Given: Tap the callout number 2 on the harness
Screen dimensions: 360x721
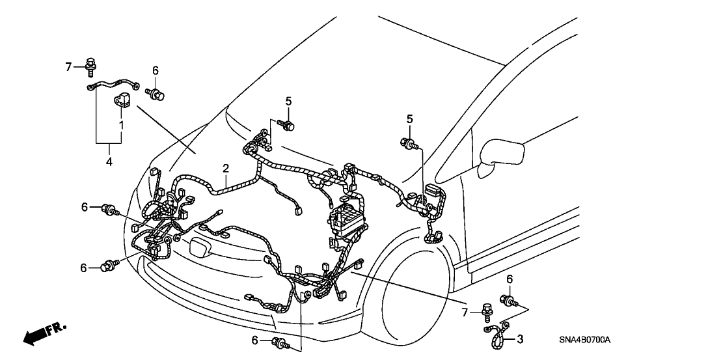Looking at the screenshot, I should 225,168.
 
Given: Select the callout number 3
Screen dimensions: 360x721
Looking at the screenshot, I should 520,339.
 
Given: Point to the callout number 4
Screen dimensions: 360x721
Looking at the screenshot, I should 109,160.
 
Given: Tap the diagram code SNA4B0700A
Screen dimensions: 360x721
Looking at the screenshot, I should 588,340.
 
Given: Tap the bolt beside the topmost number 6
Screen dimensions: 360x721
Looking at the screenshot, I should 156,95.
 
